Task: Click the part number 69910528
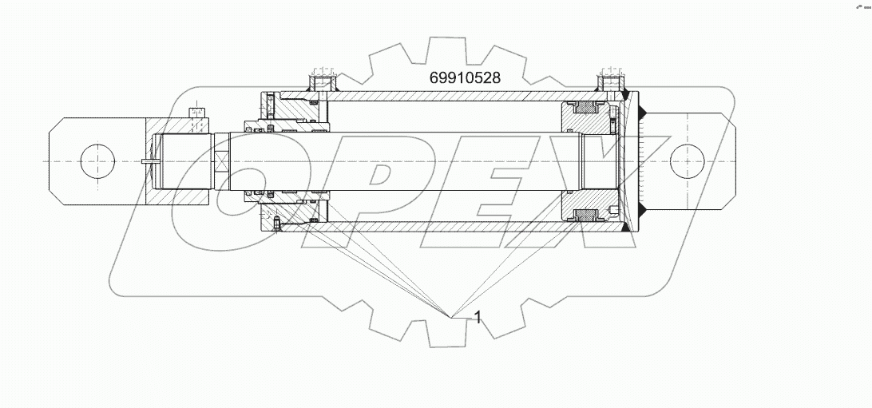[x=465, y=78]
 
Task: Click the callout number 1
[x=478, y=317]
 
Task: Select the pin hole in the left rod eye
[x=98, y=160]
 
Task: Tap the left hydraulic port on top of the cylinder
[x=323, y=81]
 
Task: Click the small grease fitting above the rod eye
[x=196, y=117]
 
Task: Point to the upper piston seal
[x=585, y=108]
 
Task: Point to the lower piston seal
[x=585, y=214]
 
